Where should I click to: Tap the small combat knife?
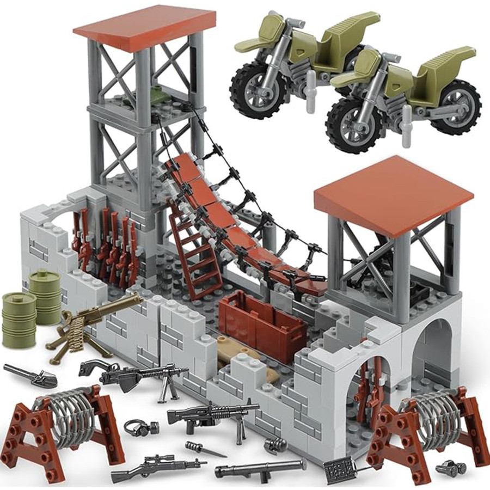[x=204, y=449]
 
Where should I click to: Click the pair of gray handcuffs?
[x=136, y=427]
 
